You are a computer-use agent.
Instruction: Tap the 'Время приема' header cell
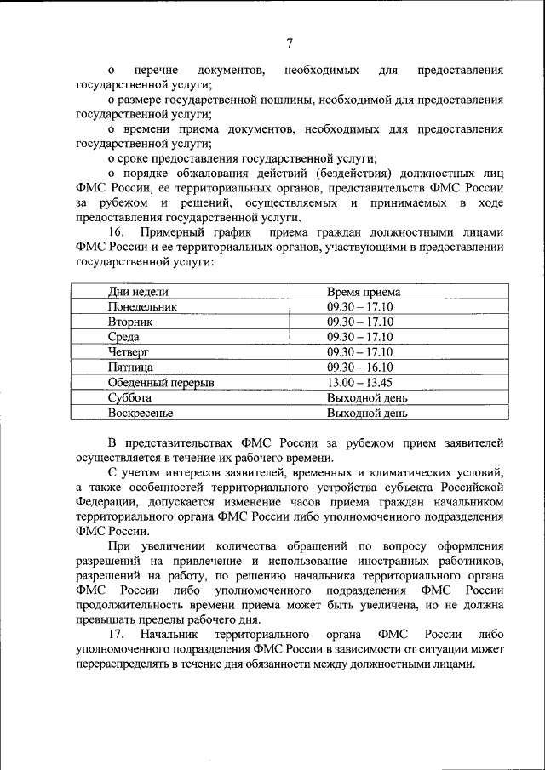363,292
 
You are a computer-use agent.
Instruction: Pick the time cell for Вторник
359,322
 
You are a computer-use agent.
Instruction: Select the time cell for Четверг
359,352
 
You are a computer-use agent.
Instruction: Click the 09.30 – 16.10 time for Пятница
359,368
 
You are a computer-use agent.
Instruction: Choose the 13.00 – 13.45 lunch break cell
359,383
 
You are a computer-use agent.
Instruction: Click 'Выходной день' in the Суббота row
367,398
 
